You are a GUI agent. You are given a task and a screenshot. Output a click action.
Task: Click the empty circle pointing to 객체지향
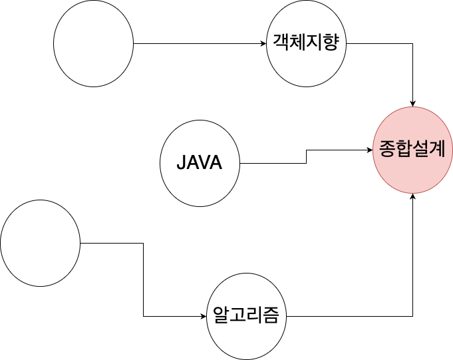pos(93,44)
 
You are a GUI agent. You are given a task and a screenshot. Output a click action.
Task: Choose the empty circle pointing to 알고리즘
pos(40,243)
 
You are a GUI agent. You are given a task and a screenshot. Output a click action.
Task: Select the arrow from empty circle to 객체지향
pos(200,44)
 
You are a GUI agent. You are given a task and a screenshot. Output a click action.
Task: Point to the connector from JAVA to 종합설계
pos(306,157)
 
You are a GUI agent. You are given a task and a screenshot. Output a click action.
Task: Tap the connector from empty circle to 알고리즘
pos(144,279)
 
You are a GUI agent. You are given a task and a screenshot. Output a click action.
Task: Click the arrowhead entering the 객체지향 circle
pos(263,44)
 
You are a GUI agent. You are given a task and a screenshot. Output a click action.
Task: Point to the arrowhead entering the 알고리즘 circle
pos(204,316)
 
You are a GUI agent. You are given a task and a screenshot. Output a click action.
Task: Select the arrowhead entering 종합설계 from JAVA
pos(370,150)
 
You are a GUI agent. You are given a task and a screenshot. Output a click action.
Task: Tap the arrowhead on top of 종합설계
pos(413,104)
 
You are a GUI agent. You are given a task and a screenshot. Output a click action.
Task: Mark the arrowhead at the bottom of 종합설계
pos(413,196)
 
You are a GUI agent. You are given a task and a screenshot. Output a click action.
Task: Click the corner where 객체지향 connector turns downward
pos(413,44)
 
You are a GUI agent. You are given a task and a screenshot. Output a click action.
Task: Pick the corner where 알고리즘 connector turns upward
pos(413,316)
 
